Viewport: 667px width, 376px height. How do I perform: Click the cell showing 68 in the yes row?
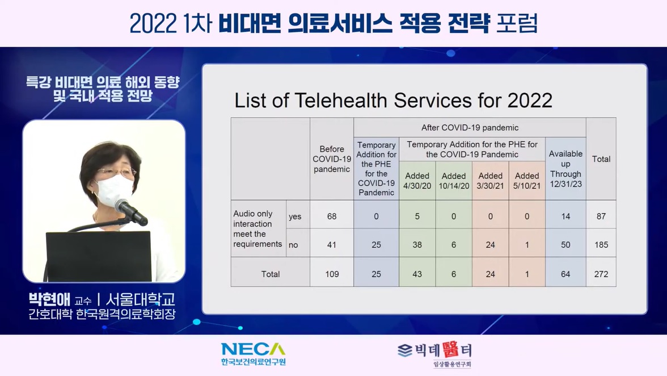click(332, 216)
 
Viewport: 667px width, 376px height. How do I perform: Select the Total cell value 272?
click(601, 274)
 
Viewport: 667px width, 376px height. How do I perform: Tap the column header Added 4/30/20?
click(417, 181)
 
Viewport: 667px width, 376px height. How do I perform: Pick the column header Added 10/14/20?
click(454, 181)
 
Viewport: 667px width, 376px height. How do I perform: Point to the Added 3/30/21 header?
click(491, 181)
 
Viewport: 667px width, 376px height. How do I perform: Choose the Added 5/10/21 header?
click(527, 181)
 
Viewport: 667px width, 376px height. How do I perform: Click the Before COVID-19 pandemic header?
click(332, 159)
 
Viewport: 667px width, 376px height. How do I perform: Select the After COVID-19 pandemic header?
click(470, 128)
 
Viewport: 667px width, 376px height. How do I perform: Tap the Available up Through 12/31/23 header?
click(565, 169)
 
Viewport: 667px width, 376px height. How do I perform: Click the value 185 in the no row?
click(601, 245)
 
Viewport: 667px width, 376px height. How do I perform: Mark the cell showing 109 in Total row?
click(332, 274)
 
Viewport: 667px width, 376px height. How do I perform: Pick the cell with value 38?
click(417, 245)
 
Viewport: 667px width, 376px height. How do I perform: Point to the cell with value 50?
click(565, 245)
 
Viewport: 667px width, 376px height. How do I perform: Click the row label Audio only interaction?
click(253, 219)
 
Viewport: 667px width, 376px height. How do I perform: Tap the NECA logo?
click(253, 354)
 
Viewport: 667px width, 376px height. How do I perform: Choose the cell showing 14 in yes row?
click(565, 216)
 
